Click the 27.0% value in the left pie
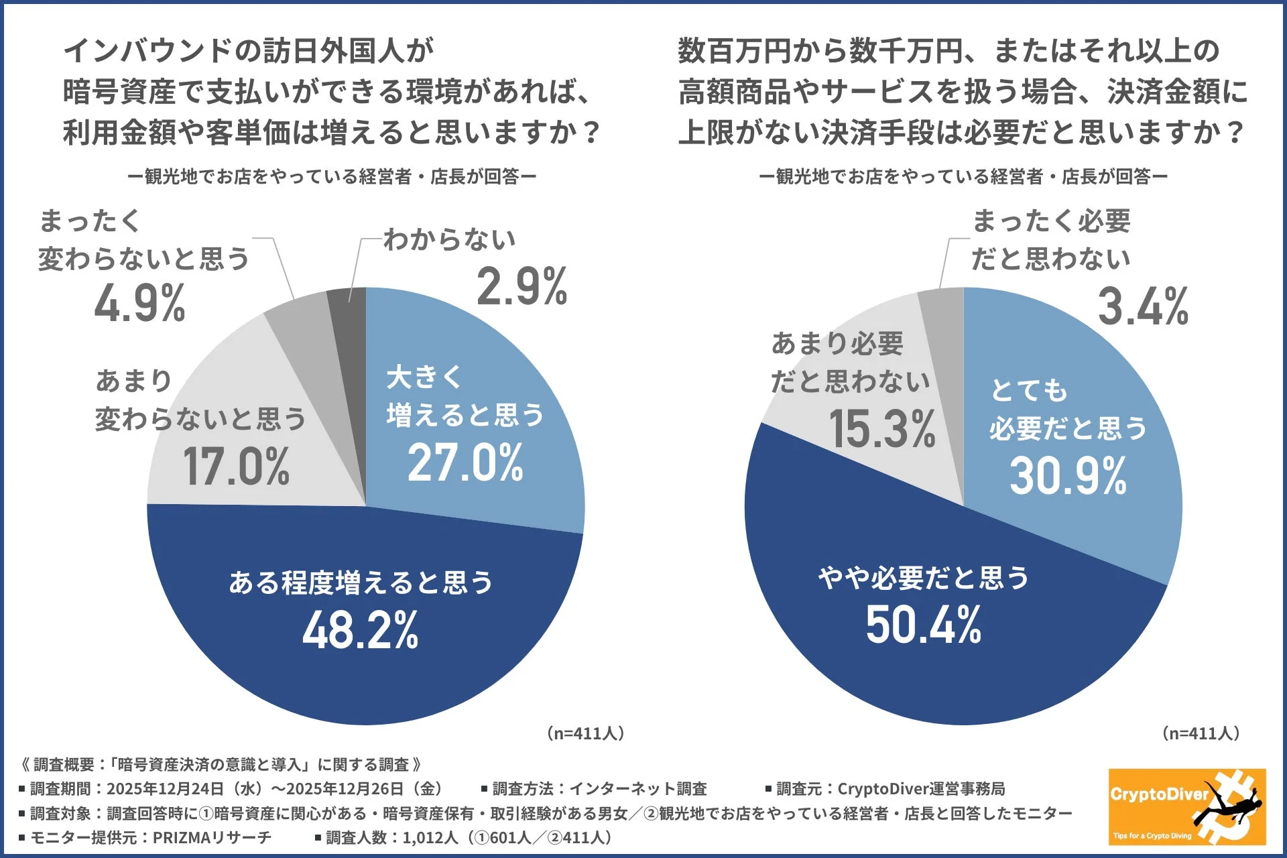[x=465, y=463]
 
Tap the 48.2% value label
[x=361, y=630]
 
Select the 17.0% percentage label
[x=236, y=467]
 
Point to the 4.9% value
[x=139, y=304]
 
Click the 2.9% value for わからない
[x=522, y=287]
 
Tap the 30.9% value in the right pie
[x=1068, y=476]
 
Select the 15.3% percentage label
[x=881, y=429]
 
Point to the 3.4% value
[x=1143, y=307]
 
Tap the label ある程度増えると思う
[x=361, y=582]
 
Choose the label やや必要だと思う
[x=923, y=577]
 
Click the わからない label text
[x=449, y=239]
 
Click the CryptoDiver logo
[x=1186, y=806]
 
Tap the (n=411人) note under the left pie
[x=586, y=733]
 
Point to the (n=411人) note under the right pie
[x=1201, y=733]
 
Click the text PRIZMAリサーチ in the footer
[x=212, y=837]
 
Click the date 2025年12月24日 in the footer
[x=165, y=789]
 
